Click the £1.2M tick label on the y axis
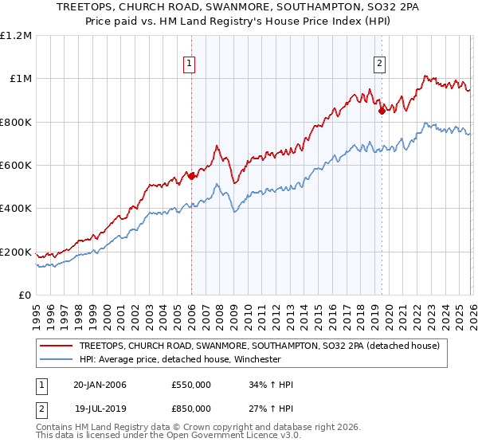pyautogui.click(x=17, y=35)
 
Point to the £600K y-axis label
pyautogui.click(x=17, y=166)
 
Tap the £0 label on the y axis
pyautogui.click(x=25, y=295)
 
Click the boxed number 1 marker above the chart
pyautogui.click(x=190, y=65)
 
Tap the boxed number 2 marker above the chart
pyautogui.click(x=379, y=65)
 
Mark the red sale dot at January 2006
pyautogui.click(x=191, y=176)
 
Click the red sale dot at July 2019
pyautogui.click(x=382, y=111)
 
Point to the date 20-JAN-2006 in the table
pyautogui.click(x=100, y=385)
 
